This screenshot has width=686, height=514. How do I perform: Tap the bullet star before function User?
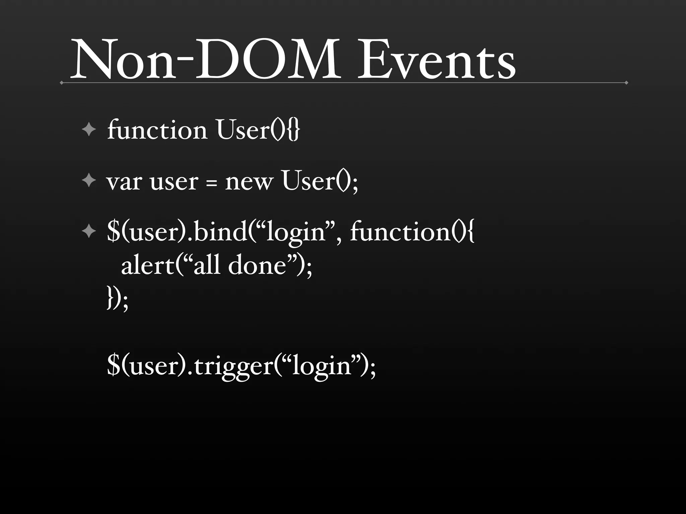pos(89,130)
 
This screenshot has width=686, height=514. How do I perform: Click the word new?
pos(249,183)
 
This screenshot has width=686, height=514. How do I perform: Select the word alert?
pos(148,266)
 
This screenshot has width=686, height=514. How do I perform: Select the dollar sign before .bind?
pos(113,232)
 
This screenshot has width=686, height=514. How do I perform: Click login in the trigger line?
pos(322,367)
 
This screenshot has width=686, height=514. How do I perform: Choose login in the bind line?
pos(295,233)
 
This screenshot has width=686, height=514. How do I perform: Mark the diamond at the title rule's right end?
pos(626,83)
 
